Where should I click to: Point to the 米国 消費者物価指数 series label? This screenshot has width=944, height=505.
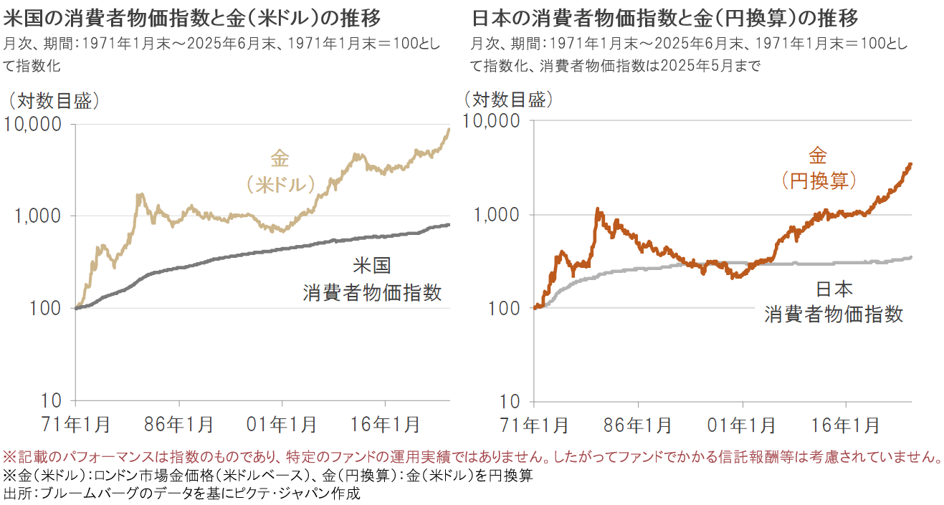tap(371, 279)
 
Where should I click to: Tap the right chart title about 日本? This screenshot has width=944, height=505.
tap(664, 16)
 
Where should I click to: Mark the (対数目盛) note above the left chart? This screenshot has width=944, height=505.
tap(51, 101)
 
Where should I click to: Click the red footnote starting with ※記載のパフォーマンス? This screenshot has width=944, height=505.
tap(472, 456)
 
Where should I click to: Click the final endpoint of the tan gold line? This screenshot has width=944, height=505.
tap(449, 130)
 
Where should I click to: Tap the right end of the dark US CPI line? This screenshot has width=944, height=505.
tap(449, 225)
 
